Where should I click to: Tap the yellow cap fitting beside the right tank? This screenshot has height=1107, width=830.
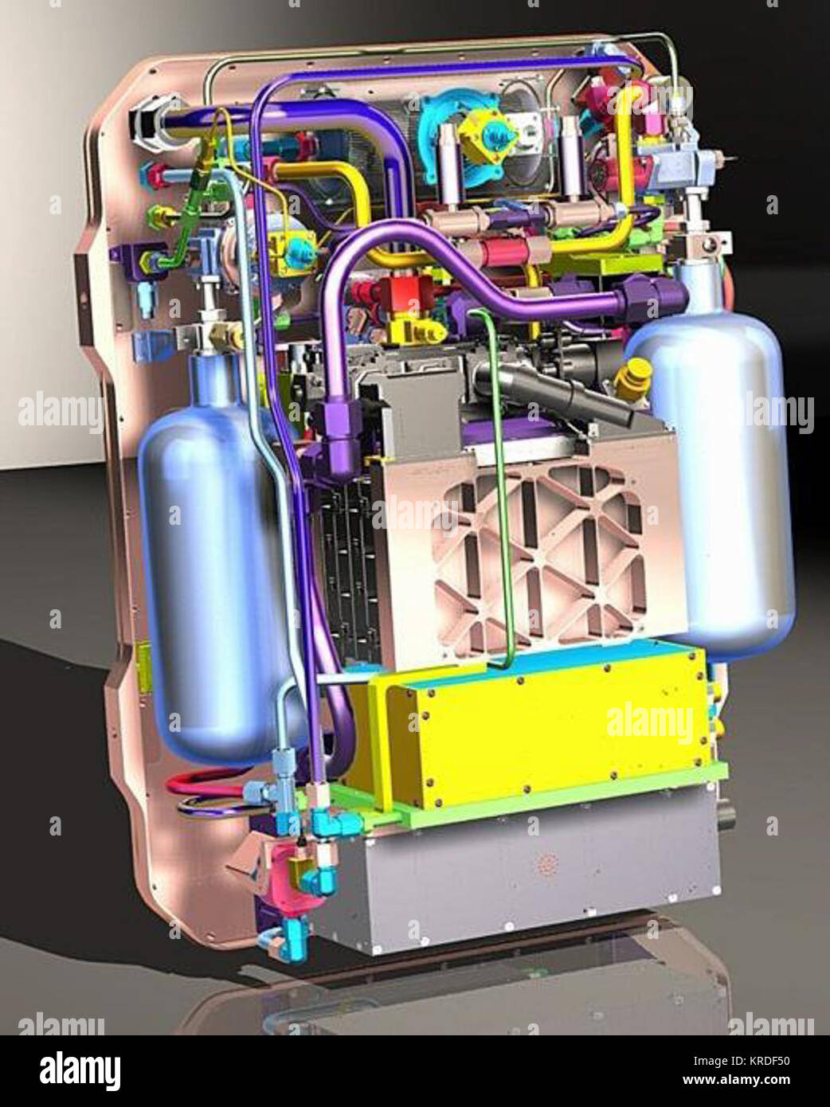pyautogui.click(x=632, y=378)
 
